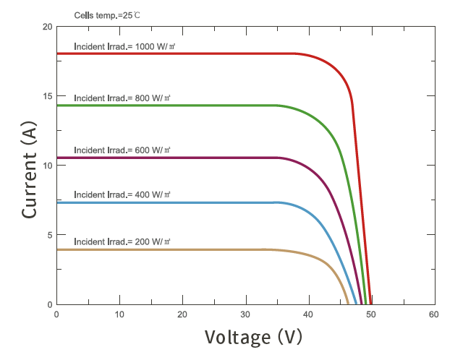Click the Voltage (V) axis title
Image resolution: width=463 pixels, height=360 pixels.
(252, 337)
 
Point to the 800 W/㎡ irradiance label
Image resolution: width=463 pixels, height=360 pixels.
(123, 98)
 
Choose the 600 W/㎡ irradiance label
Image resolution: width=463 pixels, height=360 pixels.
(123, 150)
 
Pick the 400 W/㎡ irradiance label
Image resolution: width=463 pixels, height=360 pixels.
(123, 195)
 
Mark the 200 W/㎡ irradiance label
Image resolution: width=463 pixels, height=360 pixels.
(123, 241)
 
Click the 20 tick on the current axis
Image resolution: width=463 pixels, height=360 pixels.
(47, 27)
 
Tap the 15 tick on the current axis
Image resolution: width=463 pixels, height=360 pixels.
(47, 96)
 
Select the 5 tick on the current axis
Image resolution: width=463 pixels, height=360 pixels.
(49, 235)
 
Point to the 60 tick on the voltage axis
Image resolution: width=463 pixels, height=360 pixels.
(433, 314)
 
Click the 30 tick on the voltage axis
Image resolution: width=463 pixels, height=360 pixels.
(245, 314)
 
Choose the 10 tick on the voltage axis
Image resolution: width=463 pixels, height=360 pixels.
(119, 314)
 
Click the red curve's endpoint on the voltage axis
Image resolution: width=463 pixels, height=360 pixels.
(371, 304)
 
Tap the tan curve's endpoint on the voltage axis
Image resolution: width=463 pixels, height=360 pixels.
(348, 304)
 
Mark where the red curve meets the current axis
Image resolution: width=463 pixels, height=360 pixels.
(57, 53)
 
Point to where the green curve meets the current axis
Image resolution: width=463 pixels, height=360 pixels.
(57, 106)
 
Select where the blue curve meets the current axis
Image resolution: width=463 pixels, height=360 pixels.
(57, 202)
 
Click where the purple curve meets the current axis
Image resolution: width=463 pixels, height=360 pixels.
(57, 158)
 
